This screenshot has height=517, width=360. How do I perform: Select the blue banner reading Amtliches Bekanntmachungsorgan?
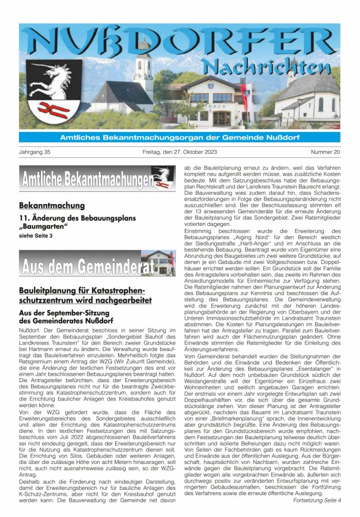click(180, 137)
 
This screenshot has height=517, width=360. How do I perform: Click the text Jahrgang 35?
click(35, 153)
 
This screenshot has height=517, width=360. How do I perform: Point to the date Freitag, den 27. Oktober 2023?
click(180, 153)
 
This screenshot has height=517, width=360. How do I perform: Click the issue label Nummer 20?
click(325, 153)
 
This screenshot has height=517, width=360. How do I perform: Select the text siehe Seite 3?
click(36, 236)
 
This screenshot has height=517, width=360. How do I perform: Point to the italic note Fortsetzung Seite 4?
click(317, 500)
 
